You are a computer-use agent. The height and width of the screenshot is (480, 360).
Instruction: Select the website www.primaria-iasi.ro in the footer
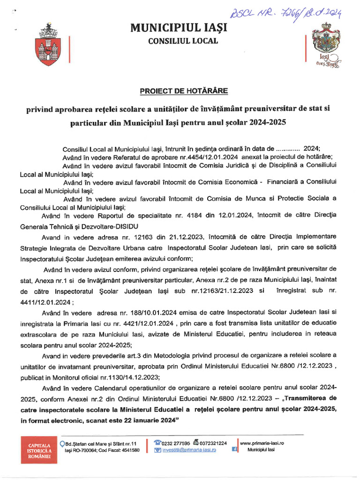[x=262, y=443]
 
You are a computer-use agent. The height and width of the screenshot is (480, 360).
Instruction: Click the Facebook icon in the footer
[x=235, y=450]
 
